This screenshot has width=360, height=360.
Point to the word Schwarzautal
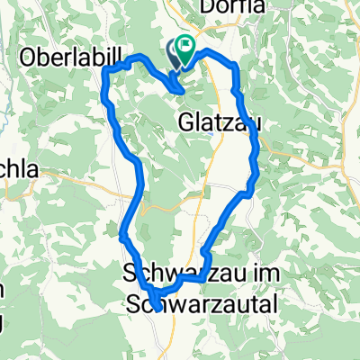tap(202, 303)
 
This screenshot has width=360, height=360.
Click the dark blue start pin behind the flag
tap(175, 53)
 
